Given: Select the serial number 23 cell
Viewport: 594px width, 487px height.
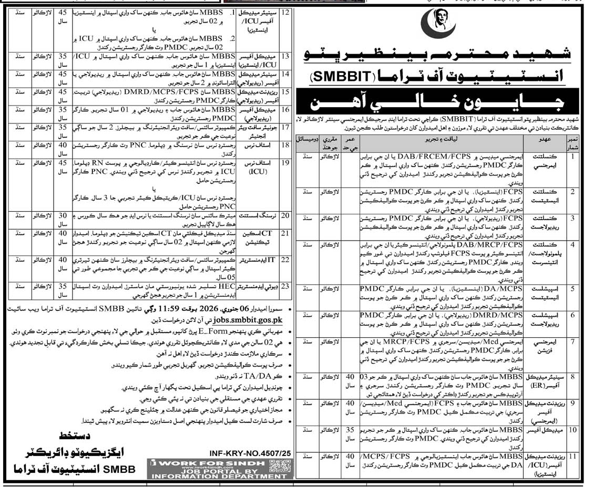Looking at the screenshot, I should pyautogui.click(x=286, y=287).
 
